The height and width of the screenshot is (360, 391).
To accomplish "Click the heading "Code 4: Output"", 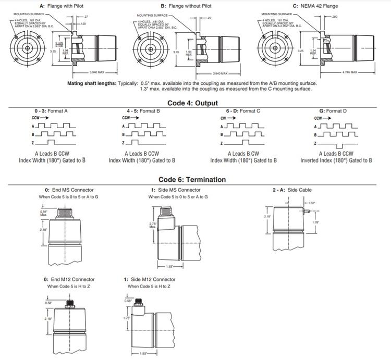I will point(192,103).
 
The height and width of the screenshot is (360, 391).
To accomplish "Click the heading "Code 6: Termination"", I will point(192,180).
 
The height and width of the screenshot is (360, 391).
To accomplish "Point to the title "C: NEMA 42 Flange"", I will point(315,6).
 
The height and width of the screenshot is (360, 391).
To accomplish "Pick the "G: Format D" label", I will point(333,111).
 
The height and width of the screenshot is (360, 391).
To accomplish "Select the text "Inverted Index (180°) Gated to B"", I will point(336,160).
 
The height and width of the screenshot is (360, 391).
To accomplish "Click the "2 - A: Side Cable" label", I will point(292,190).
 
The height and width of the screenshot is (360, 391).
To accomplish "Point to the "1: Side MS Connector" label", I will point(176,190).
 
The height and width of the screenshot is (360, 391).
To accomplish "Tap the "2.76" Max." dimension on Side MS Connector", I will point(152,225).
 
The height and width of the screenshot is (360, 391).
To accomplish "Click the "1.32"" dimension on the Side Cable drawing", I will point(312,203).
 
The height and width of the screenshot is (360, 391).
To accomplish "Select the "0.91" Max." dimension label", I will point(44,213).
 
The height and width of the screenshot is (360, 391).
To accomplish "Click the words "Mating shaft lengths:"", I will point(92,83).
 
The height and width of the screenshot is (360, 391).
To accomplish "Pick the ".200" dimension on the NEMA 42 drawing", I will point(334,17).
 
